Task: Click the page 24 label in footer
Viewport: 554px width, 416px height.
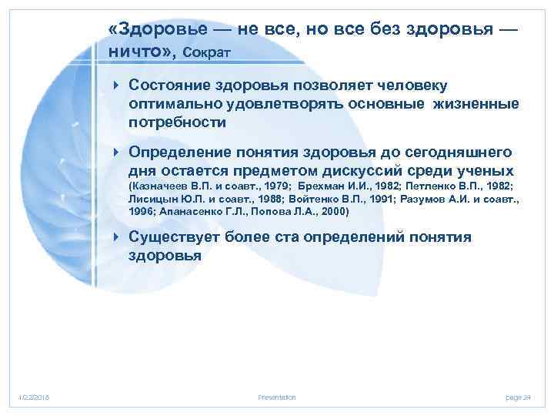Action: (518, 397)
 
